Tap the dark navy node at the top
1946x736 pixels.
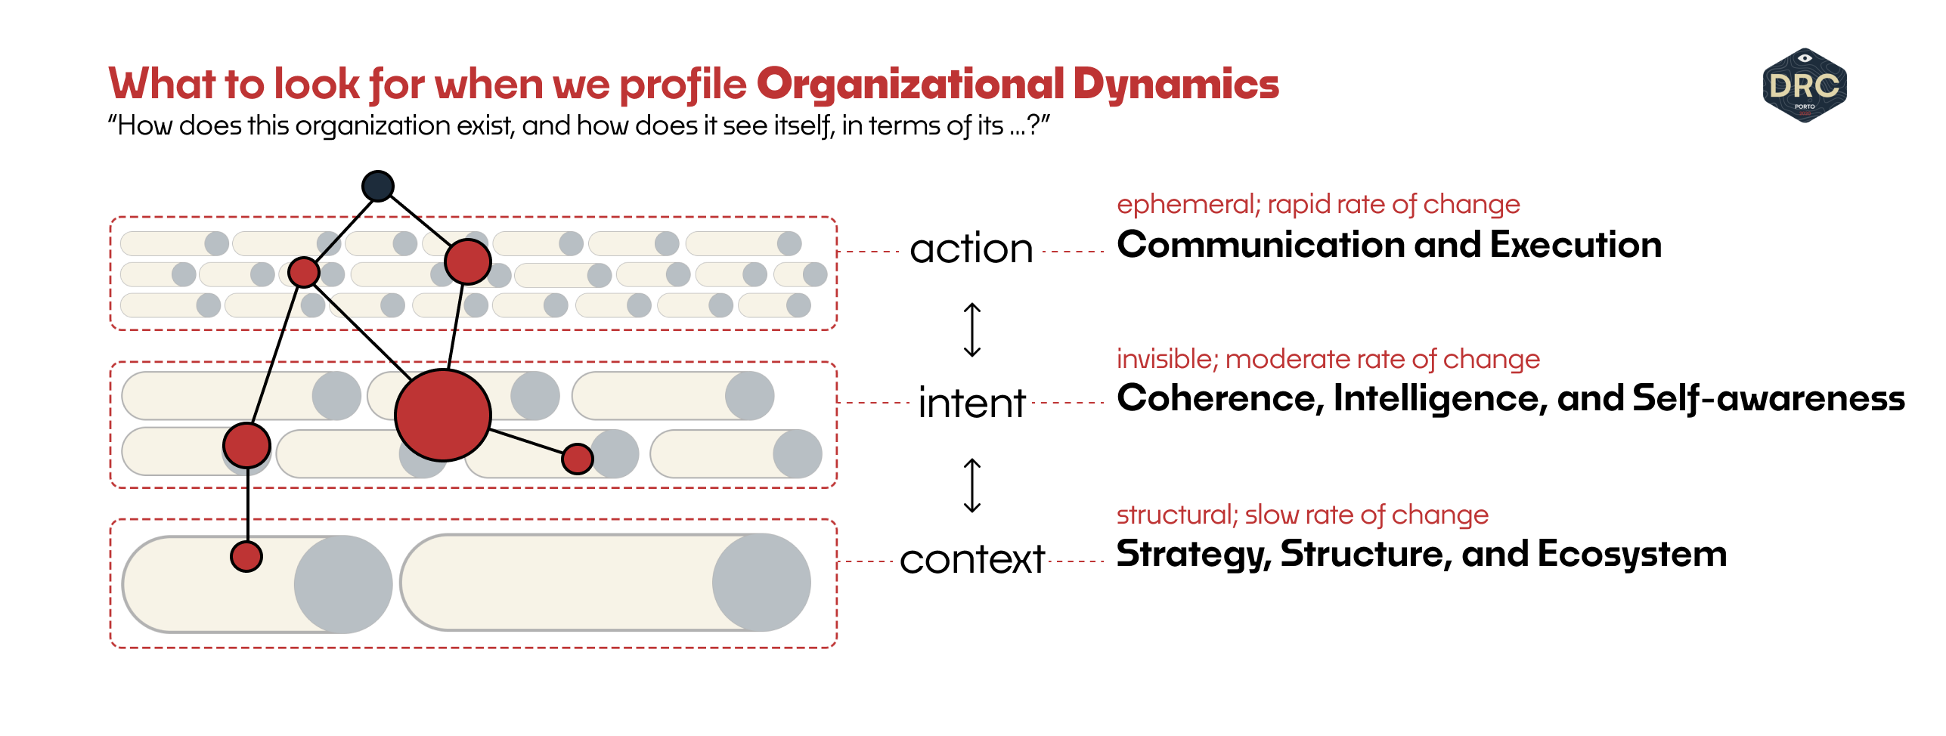(x=378, y=186)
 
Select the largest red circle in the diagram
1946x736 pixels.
(x=443, y=415)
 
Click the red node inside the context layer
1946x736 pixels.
(x=246, y=557)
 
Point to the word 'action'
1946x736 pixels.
(x=971, y=249)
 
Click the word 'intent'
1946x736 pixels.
(x=971, y=403)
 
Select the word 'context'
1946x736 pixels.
(x=972, y=560)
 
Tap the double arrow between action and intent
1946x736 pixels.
(x=972, y=329)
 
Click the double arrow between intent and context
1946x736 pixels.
(x=972, y=485)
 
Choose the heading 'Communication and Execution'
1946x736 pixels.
(x=1389, y=245)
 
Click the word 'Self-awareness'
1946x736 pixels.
(x=1768, y=398)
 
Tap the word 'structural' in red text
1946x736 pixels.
(x=1175, y=515)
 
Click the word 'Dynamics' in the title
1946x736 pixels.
(x=1176, y=84)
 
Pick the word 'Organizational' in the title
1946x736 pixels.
(x=910, y=84)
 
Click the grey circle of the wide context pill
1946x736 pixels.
(x=761, y=583)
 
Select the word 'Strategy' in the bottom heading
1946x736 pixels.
(x=1192, y=554)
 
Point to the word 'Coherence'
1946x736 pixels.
(x=1219, y=398)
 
